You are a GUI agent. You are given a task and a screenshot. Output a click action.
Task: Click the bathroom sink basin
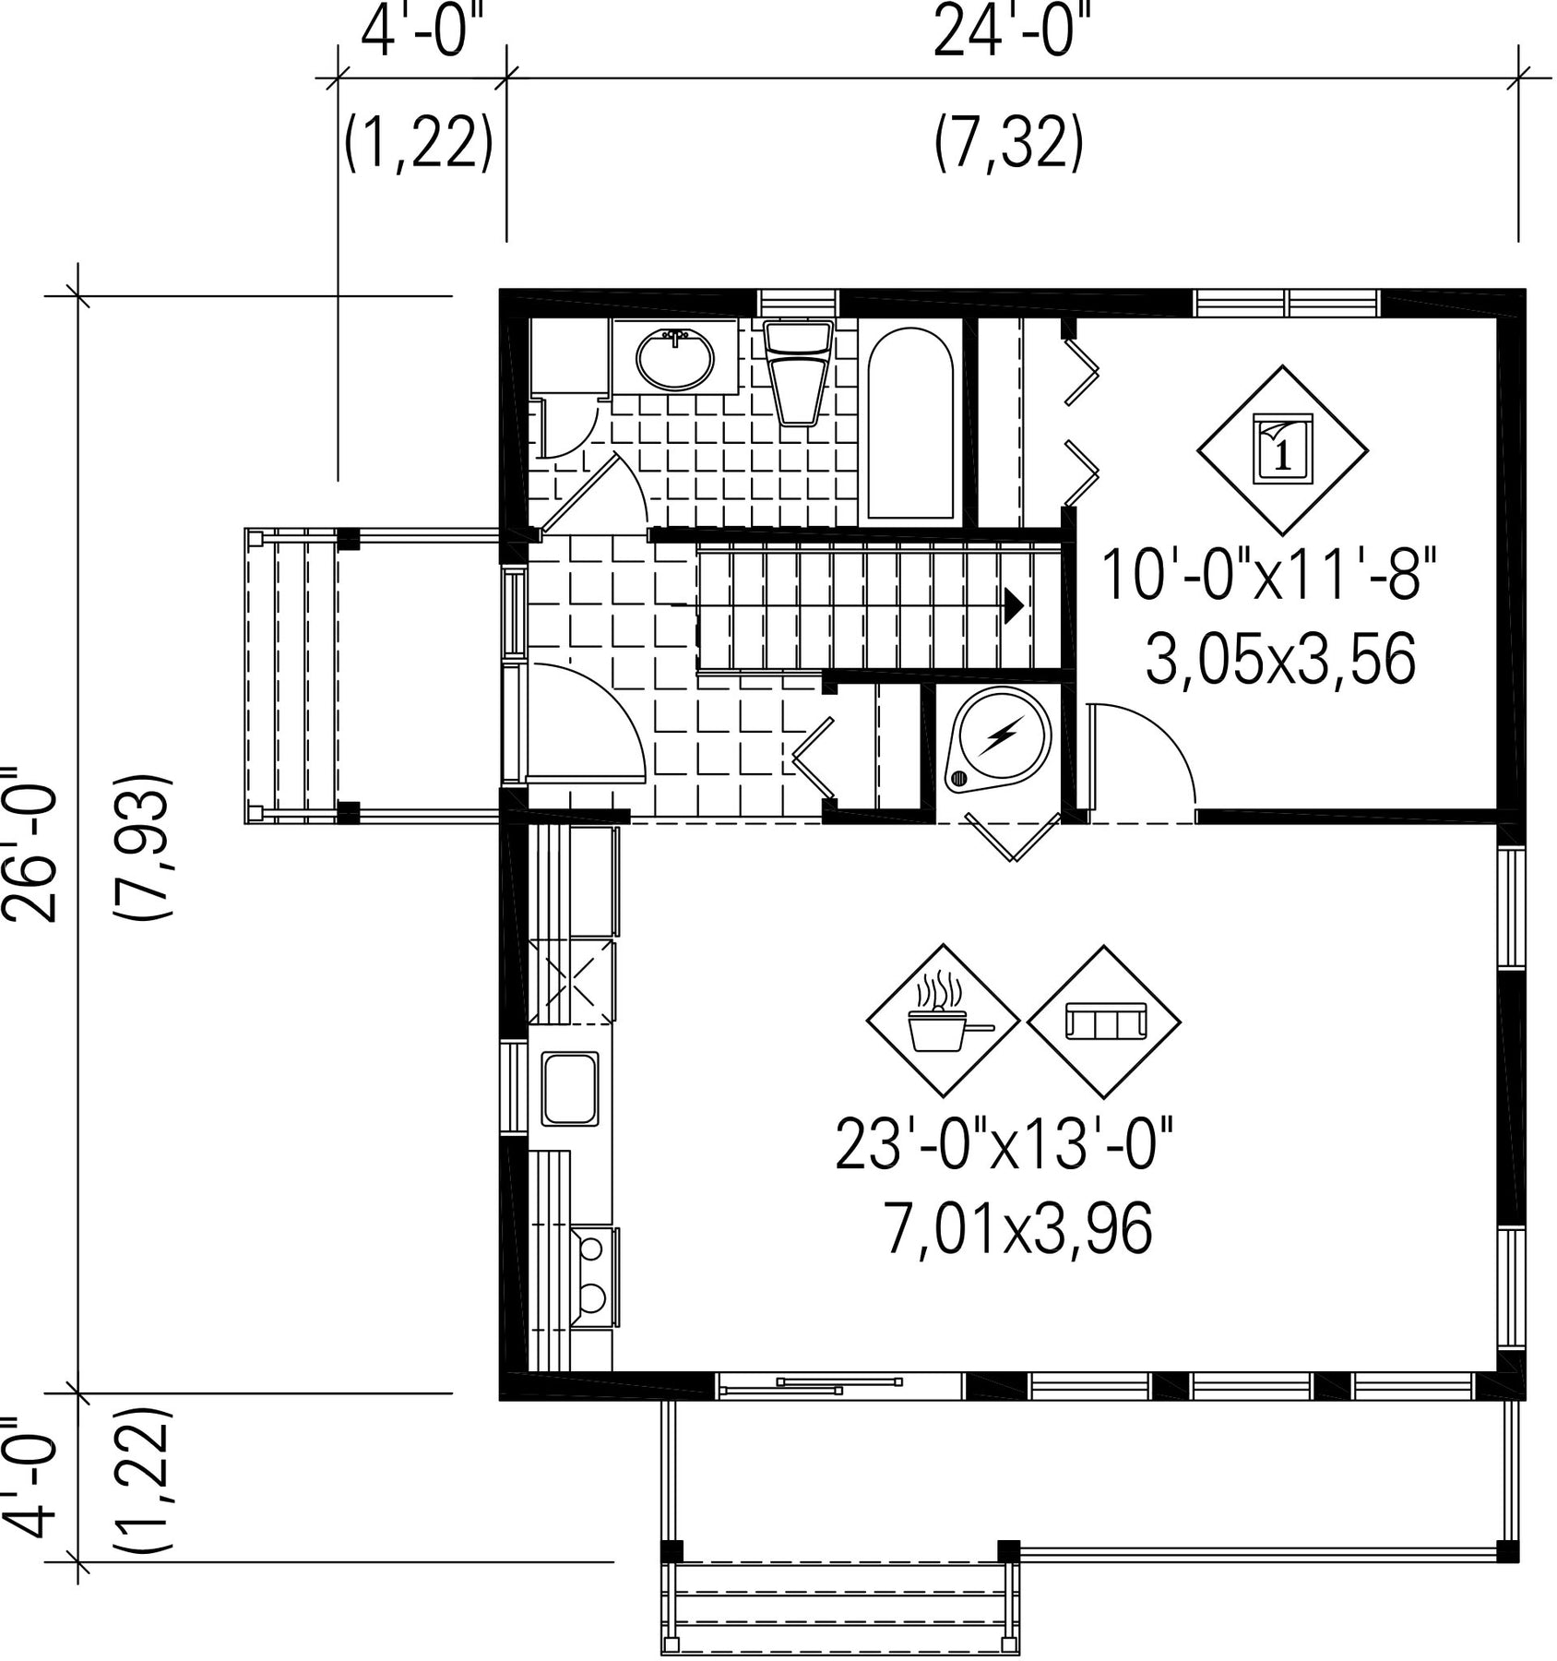(675, 359)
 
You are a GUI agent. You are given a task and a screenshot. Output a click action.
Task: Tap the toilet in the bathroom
(798, 372)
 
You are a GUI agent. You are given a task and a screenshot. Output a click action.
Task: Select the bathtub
(910, 424)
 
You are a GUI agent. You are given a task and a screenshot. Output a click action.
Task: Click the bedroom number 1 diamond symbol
(1282, 450)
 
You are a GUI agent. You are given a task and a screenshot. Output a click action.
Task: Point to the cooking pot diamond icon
(943, 1021)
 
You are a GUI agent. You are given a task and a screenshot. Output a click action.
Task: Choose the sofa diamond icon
(1104, 1021)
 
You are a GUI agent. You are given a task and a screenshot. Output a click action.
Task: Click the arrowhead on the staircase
(1014, 604)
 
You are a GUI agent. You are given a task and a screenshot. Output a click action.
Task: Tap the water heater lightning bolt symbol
(1000, 735)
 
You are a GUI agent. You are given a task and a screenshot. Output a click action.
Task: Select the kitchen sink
(570, 1089)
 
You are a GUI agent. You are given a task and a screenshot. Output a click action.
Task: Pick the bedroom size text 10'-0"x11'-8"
(1269, 573)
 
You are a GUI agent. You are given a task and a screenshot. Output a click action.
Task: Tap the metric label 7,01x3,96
(1018, 1228)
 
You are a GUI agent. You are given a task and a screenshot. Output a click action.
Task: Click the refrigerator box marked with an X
(571, 982)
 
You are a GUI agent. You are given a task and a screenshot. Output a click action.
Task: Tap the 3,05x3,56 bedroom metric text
(1280, 660)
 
